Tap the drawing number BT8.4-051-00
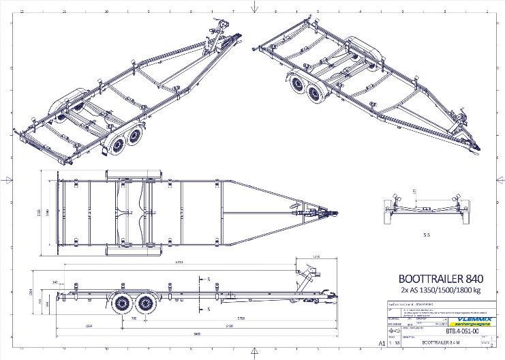(x=461, y=332)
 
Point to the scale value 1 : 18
(x=394, y=344)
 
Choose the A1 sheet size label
(x=372, y=345)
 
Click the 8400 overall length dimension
(x=197, y=334)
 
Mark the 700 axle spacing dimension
(x=134, y=318)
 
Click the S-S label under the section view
(x=427, y=234)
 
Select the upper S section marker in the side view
(x=208, y=279)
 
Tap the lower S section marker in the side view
(x=208, y=308)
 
